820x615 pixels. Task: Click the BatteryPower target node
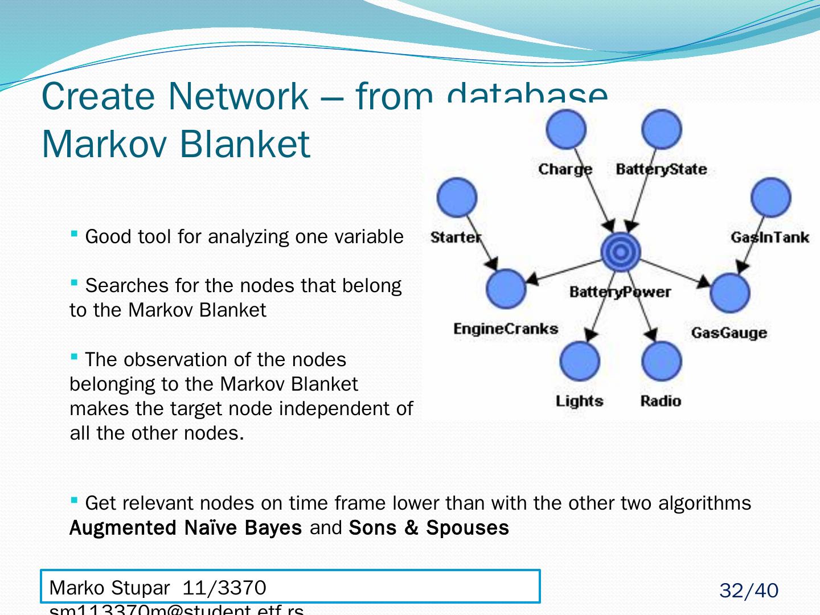pos(621,252)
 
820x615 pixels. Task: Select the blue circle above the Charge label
pos(566,129)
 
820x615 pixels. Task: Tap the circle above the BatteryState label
pos(661,129)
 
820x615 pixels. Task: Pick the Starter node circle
pos(457,198)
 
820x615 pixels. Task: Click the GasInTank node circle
pos(771,198)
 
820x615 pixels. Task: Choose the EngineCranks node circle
pos(506,289)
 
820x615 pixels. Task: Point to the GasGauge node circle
pos(730,293)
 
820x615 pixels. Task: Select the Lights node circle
pos(580,361)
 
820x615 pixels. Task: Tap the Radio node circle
pos(661,361)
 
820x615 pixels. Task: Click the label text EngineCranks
pos(506,329)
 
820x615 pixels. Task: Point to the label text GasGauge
pos(729,333)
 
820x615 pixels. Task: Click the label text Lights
pos(579,401)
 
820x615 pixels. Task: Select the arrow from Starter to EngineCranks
pos(482,243)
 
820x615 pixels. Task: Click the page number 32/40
pos(748,591)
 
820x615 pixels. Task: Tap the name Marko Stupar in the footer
pos(109,587)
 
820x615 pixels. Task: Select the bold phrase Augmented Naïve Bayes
pos(186,528)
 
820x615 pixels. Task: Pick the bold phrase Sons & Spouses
pos(429,528)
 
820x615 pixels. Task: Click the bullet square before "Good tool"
pos(74,233)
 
